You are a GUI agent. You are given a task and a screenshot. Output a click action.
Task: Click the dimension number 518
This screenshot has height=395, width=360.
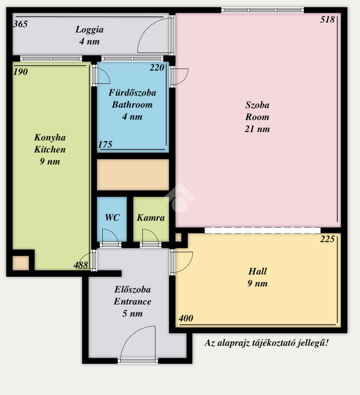click(x=327, y=20)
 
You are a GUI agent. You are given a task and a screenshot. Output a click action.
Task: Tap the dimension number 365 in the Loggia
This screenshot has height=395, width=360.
click(x=20, y=24)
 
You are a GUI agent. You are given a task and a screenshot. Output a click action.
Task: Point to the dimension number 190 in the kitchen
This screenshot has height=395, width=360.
click(x=20, y=72)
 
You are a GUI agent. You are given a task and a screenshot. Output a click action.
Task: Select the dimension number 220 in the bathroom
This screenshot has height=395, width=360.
click(x=157, y=67)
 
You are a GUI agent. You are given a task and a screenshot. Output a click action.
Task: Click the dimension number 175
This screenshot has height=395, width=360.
click(x=105, y=145)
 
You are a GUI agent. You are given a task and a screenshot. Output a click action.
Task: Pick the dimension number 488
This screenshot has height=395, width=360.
click(x=81, y=265)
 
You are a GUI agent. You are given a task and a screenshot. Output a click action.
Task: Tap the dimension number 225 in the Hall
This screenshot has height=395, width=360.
click(x=327, y=239)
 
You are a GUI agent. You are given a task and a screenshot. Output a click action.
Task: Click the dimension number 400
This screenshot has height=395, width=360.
click(x=186, y=318)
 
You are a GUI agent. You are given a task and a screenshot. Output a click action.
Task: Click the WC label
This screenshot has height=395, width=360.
click(x=112, y=218)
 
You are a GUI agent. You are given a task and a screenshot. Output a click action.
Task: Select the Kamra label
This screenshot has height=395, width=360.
click(x=151, y=218)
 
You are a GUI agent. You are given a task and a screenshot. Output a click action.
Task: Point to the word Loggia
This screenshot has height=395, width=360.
click(x=89, y=30)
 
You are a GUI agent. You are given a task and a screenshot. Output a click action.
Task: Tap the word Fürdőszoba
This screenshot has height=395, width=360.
click(x=132, y=92)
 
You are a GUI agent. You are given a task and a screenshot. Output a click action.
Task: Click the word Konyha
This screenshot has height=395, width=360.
click(x=50, y=138)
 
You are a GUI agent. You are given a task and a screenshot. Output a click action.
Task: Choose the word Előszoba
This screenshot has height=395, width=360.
click(x=132, y=289)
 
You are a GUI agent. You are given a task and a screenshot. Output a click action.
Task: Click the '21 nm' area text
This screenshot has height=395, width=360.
click(x=257, y=129)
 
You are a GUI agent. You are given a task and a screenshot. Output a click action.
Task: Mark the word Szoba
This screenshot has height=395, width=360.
click(x=257, y=105)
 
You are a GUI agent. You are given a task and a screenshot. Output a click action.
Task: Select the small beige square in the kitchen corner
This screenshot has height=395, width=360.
click(x=21, y=263)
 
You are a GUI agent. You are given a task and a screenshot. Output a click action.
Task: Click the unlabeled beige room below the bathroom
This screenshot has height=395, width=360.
click(x=133, y=175)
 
